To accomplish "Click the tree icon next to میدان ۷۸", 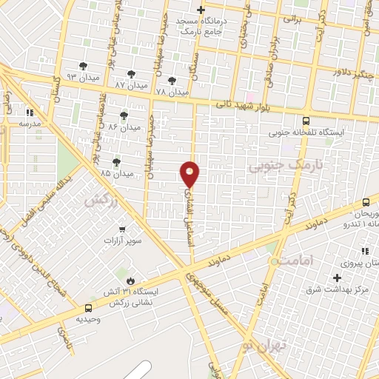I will [x=172, y=81].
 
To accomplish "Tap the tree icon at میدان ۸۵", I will [x=115, y=162].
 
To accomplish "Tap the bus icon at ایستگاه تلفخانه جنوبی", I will [x=306, y=121].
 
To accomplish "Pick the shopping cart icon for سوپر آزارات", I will [x=122, y=229].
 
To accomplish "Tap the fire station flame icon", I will [x=131, y=281].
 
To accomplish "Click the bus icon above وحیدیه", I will [x=89, y=307].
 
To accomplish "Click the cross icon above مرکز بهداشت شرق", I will [x=338, y=277].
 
